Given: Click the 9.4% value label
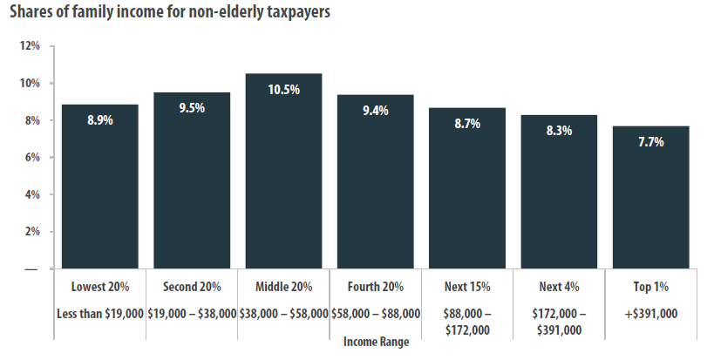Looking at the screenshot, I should click(375, 111).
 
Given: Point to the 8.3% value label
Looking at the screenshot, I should click(559, 131).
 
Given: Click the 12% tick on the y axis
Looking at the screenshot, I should click(30, 46).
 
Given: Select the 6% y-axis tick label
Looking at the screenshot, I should click(32, 158).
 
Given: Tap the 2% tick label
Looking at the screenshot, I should click(32, 232).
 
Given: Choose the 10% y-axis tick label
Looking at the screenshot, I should click(30, 84).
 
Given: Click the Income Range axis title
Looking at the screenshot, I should click(375, 343).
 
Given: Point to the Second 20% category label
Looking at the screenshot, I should click(192, 287).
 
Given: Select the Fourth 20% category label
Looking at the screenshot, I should click(375, 287).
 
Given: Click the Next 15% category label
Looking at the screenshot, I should click(466, 287).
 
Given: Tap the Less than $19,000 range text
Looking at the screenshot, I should click(100, 313).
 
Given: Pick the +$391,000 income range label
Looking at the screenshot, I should click(650, 313).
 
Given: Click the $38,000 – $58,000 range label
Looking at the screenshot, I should click(283, 313).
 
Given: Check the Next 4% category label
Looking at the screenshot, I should click(559, 287).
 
